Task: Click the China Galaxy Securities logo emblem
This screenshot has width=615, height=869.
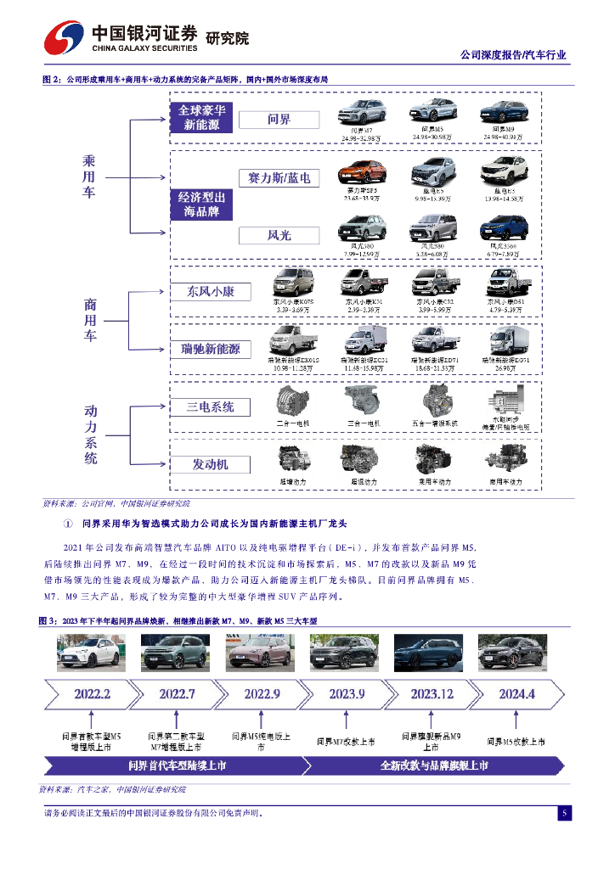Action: (x=64, y=37)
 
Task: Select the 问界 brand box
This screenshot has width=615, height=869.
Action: (x=279, y=120)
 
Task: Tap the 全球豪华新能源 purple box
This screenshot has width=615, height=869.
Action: (x=201, y=118)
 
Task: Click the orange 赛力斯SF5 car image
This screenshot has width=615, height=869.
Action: (x=361, y=172)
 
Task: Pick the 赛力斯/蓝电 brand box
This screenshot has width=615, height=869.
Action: (x=279, y=177)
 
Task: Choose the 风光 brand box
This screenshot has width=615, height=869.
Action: (x=279, y=234)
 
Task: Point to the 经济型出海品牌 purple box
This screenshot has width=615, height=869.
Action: (x=201, y=204)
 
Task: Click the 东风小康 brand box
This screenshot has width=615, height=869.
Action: (x=211, y=291)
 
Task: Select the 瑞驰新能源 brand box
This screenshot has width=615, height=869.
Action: (x=211, y=349)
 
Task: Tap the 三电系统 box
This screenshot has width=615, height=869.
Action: (x=211, y=406)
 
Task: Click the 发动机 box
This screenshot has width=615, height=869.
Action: (x=211, y=464)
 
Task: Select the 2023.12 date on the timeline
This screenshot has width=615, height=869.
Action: (x=432, y=693)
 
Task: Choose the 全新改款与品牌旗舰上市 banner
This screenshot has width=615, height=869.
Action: (x=434, y=766)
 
